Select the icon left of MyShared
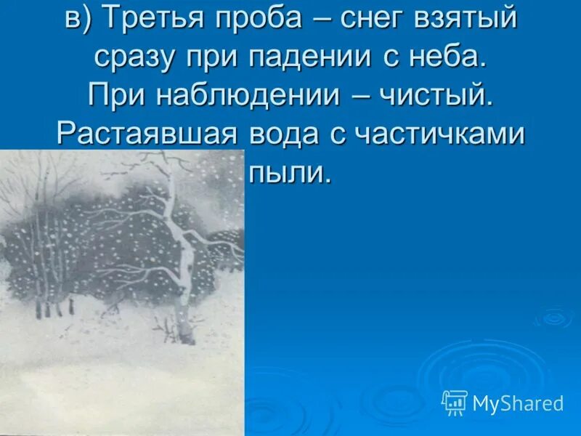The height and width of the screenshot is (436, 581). coord(455,402)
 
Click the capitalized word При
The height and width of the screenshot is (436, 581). coord(112,96)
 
